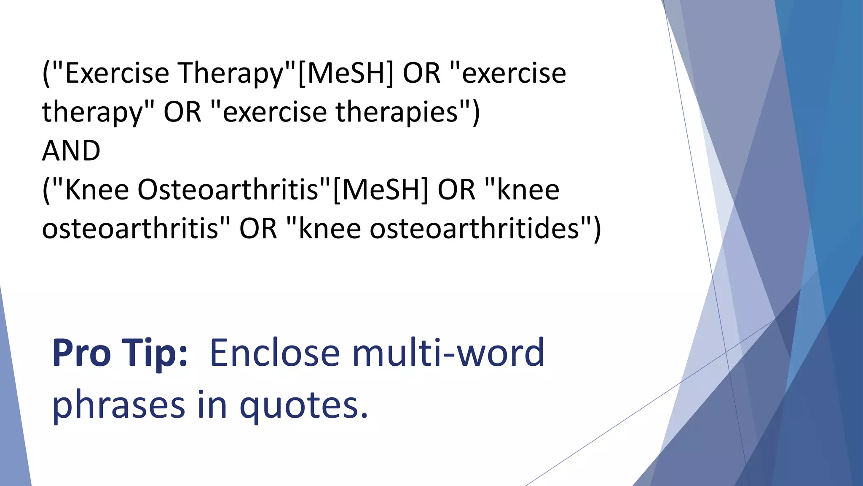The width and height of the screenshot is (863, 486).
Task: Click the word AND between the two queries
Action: click(71, 151)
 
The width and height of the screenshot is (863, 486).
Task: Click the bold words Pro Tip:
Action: click(120, 353)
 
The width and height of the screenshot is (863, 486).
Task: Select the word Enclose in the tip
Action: click(274, 353)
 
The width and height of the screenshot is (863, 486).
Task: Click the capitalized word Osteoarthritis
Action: click(228, 190)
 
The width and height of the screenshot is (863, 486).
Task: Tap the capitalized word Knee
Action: click(97, 190)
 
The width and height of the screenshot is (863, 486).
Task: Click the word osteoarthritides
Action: click(474, 229)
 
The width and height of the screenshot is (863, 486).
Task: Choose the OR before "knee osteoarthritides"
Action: click(258, 229)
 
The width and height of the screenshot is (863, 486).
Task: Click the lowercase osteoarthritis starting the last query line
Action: click(131, 229)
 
